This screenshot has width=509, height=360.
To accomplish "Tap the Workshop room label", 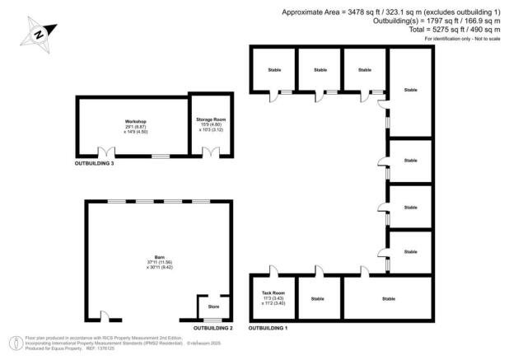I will (x=124, y=121).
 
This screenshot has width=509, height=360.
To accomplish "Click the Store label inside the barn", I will (x=213, y=306).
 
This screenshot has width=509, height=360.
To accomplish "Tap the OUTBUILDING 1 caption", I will (x=269, y=328).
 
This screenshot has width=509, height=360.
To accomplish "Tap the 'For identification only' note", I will (x=463, y=40).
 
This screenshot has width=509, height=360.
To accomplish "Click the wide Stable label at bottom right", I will (x=388, y=298).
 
